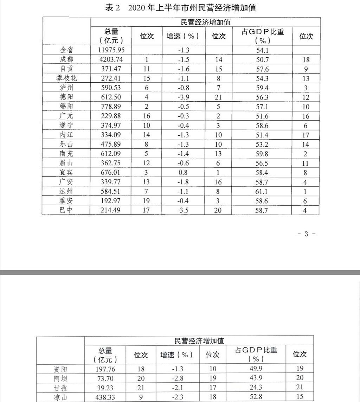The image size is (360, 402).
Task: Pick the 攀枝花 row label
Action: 66,78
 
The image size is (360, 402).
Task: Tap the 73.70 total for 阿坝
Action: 105,378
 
